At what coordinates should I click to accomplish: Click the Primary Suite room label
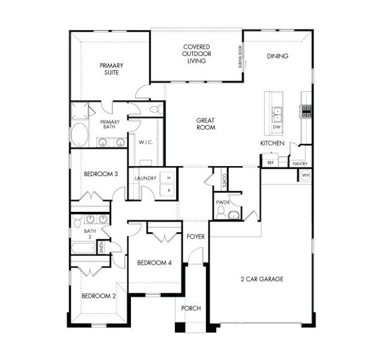(x=111, y=69)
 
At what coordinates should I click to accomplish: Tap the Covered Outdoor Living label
(x=196, y=54)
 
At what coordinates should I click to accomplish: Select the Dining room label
(x=278, y=56)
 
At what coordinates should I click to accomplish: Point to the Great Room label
(x=205, y=124)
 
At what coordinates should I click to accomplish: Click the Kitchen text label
(x=271, y=143)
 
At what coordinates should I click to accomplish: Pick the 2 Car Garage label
(x=262, y=279)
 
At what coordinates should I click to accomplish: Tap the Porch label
(x=191, y=308)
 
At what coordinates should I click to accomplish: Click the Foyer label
(x=195, y=236)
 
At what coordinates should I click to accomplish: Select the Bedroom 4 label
(x=154, y=263)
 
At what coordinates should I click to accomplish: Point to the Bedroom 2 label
(x=99, y=296)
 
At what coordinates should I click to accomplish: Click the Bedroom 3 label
(x=100, y=175)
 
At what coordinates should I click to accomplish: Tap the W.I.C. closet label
(x=145, y=142)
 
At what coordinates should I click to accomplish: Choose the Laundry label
(x=146, y=178)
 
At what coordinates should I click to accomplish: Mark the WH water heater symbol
(x=305, y=175)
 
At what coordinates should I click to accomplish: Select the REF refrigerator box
(x=270, y=162)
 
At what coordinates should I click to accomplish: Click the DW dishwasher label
(x=277, y=128)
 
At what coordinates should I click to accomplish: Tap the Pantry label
(x=299, y=163)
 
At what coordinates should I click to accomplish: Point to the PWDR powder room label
(x=222, y=202)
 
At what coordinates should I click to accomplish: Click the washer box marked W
(x=169, y=178)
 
